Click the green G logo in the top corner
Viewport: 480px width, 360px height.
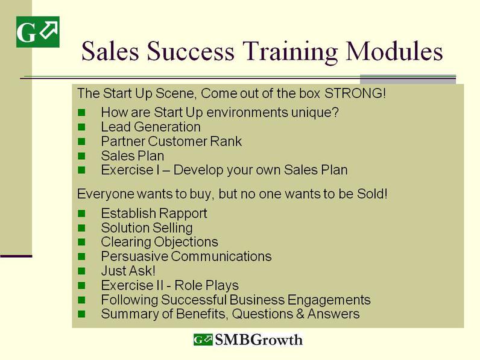(37, 32)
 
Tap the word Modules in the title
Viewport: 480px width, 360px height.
(394, 51)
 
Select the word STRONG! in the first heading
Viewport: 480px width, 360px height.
(355, 93)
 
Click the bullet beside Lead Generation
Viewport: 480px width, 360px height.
(81, 127)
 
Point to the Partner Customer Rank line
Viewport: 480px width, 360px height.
(171, 142)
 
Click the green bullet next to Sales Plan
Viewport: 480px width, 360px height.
(81, 156)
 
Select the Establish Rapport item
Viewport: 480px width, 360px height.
(154, 213)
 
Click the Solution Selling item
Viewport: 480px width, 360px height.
(147, 228)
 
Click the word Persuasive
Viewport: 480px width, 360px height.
(134, 256)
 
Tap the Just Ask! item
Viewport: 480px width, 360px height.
(128, 271)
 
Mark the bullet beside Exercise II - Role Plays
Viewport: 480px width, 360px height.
(81, 285)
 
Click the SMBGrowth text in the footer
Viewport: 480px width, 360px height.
(259, 339)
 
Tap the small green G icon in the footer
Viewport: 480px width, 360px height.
(203, 339)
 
